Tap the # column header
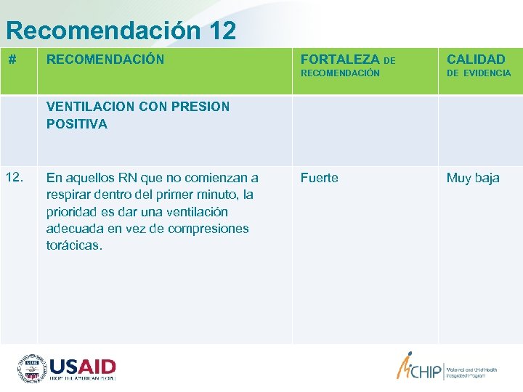(x=12, y=60)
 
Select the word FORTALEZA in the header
(x=340, y=60)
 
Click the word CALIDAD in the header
(x=476, y=60)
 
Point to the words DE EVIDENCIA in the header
(x=479, y=73)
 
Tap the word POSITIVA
(x=76, y=124)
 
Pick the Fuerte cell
(x=320, y=178)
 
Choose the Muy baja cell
(x=473, y=178)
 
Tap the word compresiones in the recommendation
(x=208, y=229)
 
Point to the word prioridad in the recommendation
(x=73, y=212)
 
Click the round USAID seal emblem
(x=32, y=368)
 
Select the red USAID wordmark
(x=82, y=365)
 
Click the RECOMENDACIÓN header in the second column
(x=105, y=60)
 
